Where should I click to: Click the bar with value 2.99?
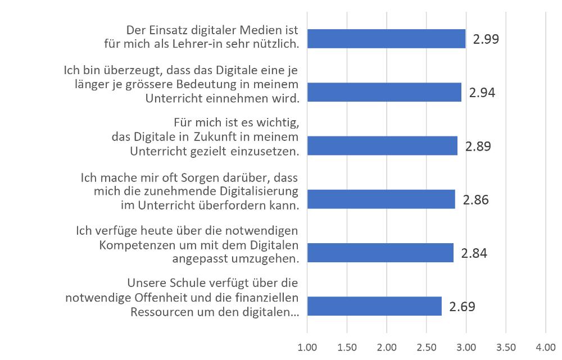387,39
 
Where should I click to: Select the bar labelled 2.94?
384,92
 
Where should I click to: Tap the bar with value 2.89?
382,146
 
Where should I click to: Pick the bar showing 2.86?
381,199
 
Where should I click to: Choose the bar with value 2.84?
380,253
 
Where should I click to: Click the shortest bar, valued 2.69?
374,307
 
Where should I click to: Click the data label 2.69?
462,307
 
